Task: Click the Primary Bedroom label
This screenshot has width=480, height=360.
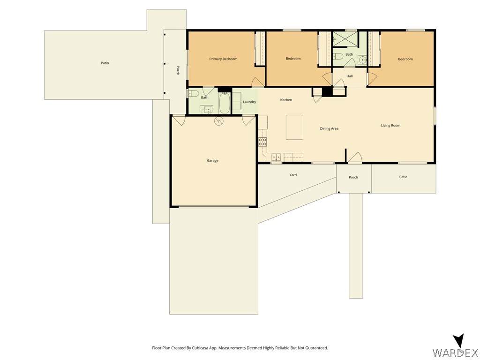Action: tap(223, 59)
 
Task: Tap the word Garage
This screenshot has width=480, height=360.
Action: tap(212, 160)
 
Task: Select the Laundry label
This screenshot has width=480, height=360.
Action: tap(249, 102)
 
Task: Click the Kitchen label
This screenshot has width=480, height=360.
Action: tap(286, 100)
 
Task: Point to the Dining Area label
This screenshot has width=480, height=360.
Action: tap(329, 128)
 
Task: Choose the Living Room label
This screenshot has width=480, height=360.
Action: tap(390, 125)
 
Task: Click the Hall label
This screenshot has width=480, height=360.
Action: tap(349, 76)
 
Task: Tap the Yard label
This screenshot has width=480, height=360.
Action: tap(293, 175)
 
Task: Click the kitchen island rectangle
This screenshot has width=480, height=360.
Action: tap(294, 127)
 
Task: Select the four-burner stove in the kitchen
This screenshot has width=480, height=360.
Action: tap(262, 142)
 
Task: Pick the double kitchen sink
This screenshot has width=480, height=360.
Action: tap(276, 157)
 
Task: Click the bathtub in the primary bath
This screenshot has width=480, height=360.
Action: tap(225, 104)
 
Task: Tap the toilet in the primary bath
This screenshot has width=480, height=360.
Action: tap(194, 93)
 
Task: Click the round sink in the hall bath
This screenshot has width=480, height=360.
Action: tap(362, 60)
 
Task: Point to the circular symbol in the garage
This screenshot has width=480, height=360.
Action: tap(219, 121)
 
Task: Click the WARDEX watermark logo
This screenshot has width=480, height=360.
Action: tap(456, 347)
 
